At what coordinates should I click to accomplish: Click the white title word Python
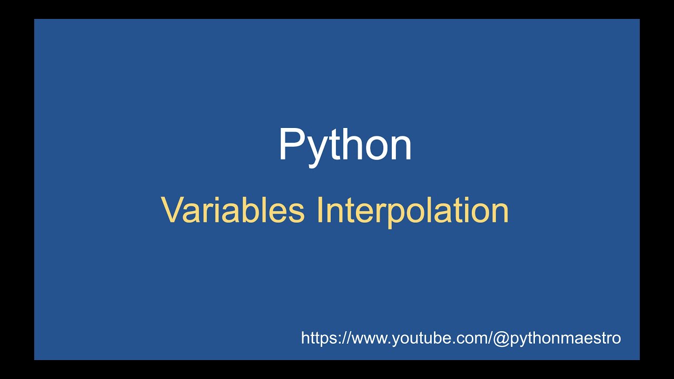345,145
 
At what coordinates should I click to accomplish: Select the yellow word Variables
233,210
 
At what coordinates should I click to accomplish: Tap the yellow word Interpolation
413,210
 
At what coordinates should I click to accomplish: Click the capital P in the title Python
290,144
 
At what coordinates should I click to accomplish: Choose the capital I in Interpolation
320,210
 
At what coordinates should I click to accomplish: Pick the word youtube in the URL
417,338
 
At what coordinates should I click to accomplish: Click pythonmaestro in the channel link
564,338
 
